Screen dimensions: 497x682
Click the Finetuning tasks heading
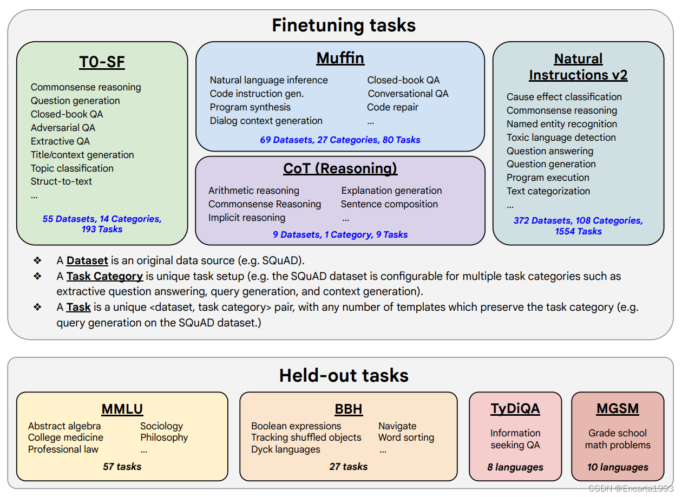pyautogui.click(x=344, y=25)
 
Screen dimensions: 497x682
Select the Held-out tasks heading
pyautogui.click(x=344, y=375)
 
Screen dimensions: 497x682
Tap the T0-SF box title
pyautogui.click(x=102, y=62)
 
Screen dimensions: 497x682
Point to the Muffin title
pyautogui.click(x=340, y=58)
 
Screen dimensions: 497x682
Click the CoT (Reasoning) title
pyautogui.click(x=340, y=168)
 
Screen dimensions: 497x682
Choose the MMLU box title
pyautogui.click(x=122, y=409)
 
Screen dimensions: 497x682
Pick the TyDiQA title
pyautogui.click(x=515, y=408)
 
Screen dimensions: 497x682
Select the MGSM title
pyautogui.click(x=618, y=408)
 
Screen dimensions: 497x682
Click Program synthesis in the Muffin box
pyautogui.click(x=250, y=107)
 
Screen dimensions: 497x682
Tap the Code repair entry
pyautogui.click(x=392, y=107)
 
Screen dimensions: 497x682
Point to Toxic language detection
pyautogui.click(x=561, y=138)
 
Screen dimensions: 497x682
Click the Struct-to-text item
pyautogui.click(x=61, y=181)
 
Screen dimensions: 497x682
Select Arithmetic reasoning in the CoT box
pyautogui.click(x=254, y=191)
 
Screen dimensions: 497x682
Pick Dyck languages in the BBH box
pyautogui.click(x=286, y=449)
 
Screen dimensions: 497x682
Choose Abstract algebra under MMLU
pyautogui.click(x=64, y=426)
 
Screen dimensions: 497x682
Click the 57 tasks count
pyautogui.click(x=122, y=466)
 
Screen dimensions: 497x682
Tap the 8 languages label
pyautogui.click(x=515, y=467)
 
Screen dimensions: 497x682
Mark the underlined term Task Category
pyautogui.click(x=104, y=276)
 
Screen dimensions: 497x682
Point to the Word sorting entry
pyautogui.click(x=406, y=437)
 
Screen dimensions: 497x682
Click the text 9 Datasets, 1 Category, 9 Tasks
pyautogui.click(x=340, y=234)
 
